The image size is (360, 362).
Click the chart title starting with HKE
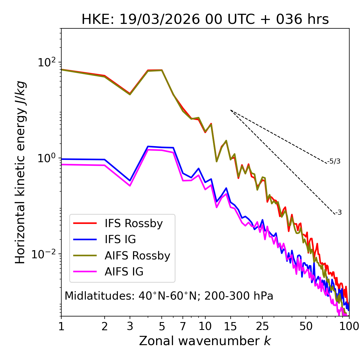(205, 19)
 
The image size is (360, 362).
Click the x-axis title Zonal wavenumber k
(205, 341)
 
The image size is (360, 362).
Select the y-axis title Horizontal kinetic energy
(20, 172)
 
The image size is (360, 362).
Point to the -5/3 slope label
(334, 161)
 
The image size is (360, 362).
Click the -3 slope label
(339, 212)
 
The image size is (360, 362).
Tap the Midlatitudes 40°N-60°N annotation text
(169, 296)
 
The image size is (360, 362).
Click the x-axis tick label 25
(262, 326)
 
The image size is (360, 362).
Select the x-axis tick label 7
(183, 326)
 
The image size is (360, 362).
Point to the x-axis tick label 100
(349, 326)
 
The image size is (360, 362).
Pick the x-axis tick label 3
(130, 326)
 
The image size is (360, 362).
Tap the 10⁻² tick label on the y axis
(45, 254)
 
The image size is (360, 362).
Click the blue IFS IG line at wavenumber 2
(105, 159)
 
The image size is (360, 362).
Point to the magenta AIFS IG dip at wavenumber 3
(130, 185)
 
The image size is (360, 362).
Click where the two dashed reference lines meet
(231, 110)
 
